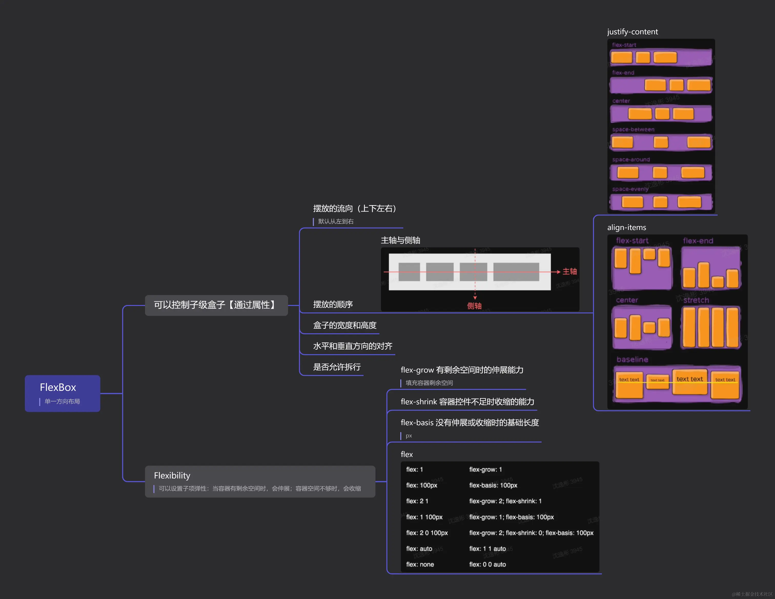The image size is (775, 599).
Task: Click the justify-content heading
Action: click(632, 32)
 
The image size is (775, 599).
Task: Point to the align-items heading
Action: click(626, 227)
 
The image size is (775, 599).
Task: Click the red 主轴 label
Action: click(569, 271)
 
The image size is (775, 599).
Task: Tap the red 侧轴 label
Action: click(474, 306)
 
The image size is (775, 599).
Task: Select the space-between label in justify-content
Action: click(633, 129)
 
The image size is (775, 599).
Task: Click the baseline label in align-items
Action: click(632, 359)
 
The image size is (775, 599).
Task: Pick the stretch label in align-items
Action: click(696, 300)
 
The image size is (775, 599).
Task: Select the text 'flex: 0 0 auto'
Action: click(487, 564)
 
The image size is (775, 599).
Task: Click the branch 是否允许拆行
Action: click(336, 367)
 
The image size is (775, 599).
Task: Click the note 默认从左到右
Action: click(336, 221)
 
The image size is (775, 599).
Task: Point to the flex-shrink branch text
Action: click(467, 402)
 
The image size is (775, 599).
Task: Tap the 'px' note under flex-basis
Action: click(409, 436)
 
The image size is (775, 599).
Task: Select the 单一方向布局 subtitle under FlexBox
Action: click(62, 401)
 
